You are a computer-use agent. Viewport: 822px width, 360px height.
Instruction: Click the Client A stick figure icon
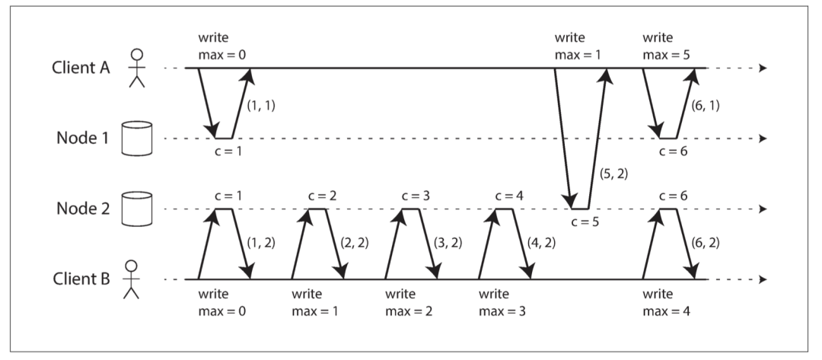coord(137,68)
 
